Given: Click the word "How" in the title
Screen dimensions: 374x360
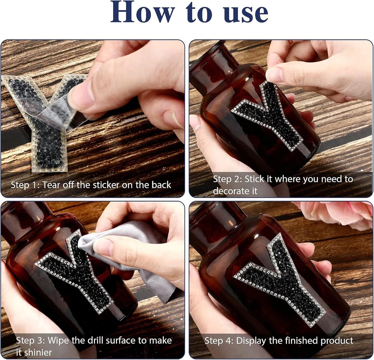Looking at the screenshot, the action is pos(142,12).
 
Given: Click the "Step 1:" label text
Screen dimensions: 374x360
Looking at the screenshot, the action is pos(25,185).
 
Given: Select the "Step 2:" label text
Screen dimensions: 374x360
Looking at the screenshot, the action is pos(227,179).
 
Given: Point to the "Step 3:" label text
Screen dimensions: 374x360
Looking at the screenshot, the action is pos(31,341).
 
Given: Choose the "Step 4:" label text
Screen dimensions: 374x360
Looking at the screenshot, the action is pos(219,341).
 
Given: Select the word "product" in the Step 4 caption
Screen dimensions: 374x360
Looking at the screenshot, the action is pos(337,341).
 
